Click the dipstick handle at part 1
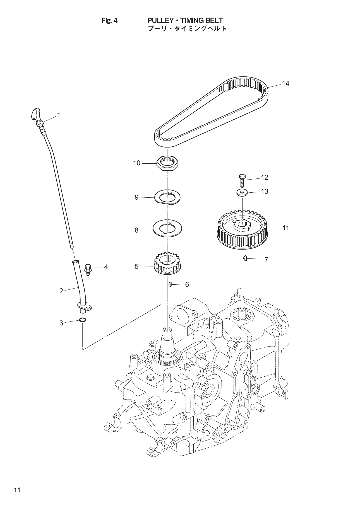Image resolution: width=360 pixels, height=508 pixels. tap(35, 115)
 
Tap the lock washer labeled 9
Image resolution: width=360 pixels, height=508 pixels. tap(168, 197)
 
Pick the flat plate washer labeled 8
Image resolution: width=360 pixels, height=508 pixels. tap(167, 230)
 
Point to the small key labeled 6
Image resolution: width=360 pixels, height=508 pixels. tap(170, 284)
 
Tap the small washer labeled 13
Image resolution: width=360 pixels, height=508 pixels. tap(242, 193)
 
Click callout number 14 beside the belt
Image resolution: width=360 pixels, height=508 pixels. tap(285, 83)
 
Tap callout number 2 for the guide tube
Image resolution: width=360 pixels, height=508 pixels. tap(61, 291)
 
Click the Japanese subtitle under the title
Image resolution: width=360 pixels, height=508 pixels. tap(187, 29)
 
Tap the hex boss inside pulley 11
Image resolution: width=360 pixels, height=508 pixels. tap(242, 225)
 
